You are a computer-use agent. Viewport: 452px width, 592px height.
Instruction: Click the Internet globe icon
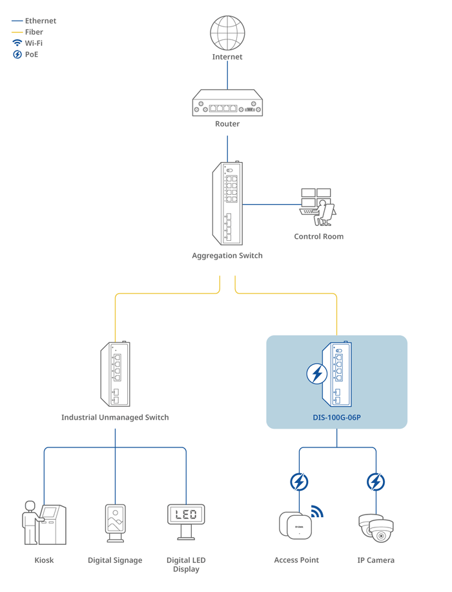point(227,32)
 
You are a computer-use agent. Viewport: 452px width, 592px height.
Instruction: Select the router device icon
point(227,104)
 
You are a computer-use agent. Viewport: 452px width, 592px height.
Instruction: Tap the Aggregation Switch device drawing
point(227,203)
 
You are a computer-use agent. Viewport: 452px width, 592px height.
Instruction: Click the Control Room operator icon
point(318,207)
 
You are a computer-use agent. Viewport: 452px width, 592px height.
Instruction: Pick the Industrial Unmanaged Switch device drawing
point(115,374)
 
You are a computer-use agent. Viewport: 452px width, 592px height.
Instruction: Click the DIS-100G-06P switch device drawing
point(336,374)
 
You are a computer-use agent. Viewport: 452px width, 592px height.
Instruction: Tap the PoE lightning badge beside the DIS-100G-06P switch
point(316,374)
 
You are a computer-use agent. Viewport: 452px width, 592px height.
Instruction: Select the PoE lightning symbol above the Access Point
point(299,482)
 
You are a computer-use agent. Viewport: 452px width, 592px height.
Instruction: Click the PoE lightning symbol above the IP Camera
point(376,482)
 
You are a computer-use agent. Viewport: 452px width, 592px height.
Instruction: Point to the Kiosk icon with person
point(44,522)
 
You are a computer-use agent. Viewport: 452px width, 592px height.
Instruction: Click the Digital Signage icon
point(115,522)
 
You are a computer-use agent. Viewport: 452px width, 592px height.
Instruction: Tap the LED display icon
point(186,520)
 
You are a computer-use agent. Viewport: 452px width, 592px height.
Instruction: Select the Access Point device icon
point(295,525)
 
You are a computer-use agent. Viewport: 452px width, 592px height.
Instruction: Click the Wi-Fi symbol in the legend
point(17,43)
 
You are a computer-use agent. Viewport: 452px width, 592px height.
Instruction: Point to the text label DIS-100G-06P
point(336,418)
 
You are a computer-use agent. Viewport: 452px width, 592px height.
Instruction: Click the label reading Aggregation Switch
point(227,256)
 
